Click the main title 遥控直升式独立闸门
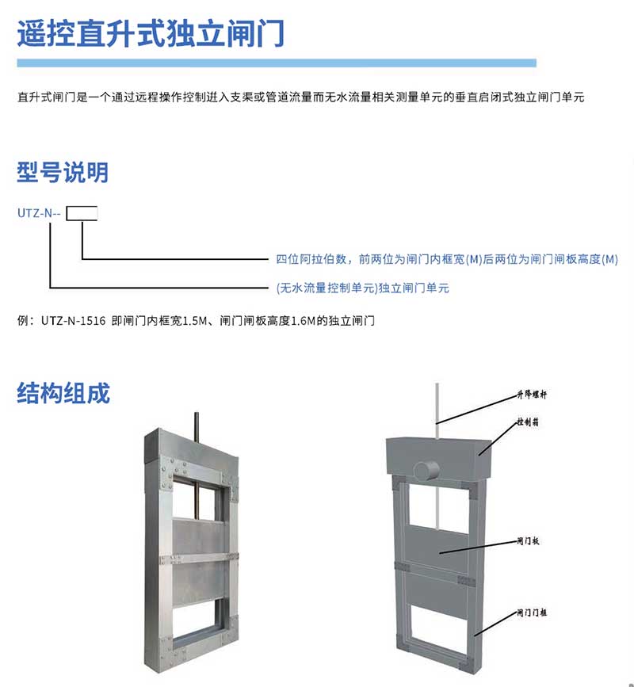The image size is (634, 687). pyautogui.click(x=151, y=32)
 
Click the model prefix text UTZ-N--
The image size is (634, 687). pyautogui.click(x=39, y=213)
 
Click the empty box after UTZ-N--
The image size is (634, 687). pyautogui.click(x=82, y=213)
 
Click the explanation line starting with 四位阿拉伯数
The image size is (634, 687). pyautogui.click(x=446, y=259)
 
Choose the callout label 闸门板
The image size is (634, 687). pyautogui.click(x=528, y=541)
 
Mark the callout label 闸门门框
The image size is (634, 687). pyautogui.click(x=533, y=612)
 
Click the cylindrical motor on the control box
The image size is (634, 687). pyautogui.click(x=426, y=469)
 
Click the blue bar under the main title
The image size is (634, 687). pyautogui.click(x=277, y=63)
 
